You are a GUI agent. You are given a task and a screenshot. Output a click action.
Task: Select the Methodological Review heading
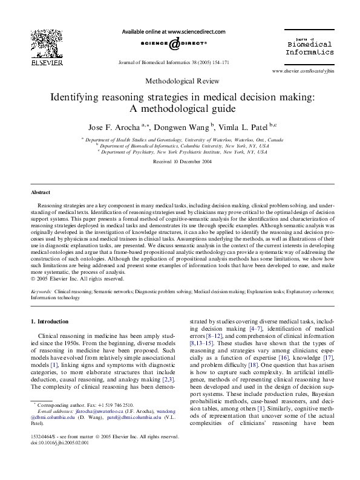(x=180, y=81)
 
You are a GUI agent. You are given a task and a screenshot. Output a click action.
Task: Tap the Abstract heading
(x=42, y=192)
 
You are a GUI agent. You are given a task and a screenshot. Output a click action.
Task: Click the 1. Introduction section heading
(x=50, y=322)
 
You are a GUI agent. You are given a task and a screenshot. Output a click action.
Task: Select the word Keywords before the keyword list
(x=41, y=291)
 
